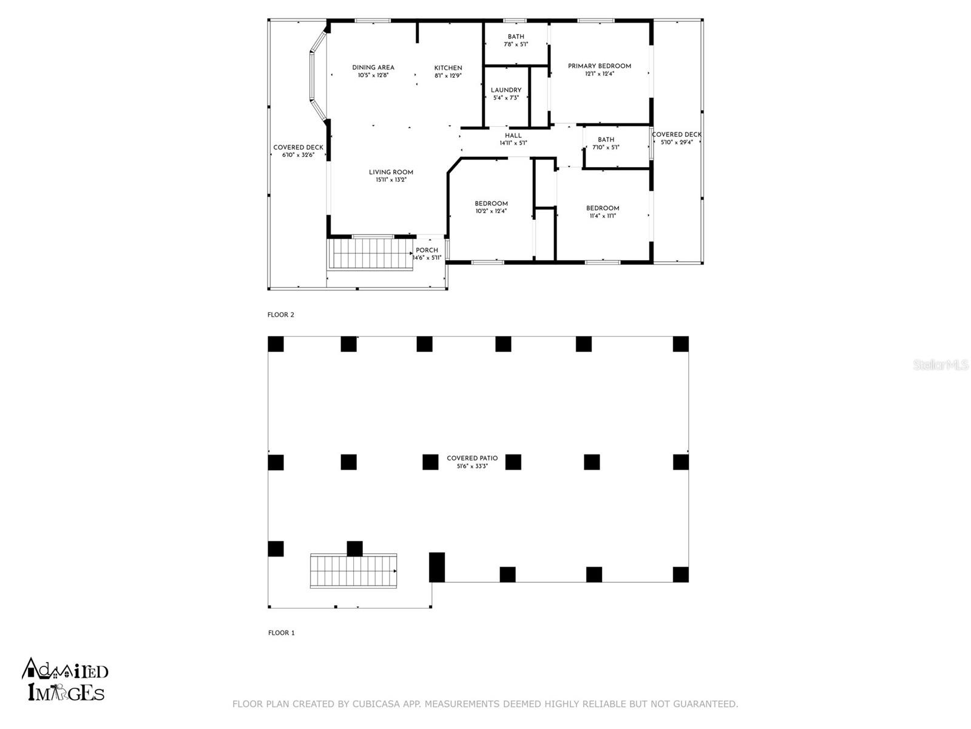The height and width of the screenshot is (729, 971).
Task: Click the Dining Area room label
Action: tap(373, 68)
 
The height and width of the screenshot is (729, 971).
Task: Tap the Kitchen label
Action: tap(448, 68)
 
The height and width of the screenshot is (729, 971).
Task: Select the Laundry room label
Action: tap(506, 91)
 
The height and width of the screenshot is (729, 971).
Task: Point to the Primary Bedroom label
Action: tap(599, 66)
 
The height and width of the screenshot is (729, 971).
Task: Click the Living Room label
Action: tap(390, 173)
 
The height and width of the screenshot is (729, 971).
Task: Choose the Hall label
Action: tap(513, 136)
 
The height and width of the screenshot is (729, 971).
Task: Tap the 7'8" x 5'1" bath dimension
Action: tap(516, 44)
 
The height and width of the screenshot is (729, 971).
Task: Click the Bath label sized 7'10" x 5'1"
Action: tap(606, 140)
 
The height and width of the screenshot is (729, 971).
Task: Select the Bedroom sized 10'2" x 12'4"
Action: tap(491, 204)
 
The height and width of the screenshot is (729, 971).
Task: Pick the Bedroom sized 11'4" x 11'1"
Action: tap(602, 208)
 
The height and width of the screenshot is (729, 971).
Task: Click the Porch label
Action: tap(427, 250)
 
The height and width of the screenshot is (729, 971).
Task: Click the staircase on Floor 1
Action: tap(353, 570)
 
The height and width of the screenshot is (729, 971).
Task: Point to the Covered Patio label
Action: tap(472, 459)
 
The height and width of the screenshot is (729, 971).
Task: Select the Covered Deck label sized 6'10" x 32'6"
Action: tap(298, 148)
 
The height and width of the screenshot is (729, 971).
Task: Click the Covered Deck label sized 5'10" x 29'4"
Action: tap(676, 135)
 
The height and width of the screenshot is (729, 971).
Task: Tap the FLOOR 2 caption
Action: tap(280, 315)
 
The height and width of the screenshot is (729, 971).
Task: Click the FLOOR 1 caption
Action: tap(281, 632)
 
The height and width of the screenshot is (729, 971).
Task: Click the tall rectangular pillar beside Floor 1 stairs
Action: tap(437, 567)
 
